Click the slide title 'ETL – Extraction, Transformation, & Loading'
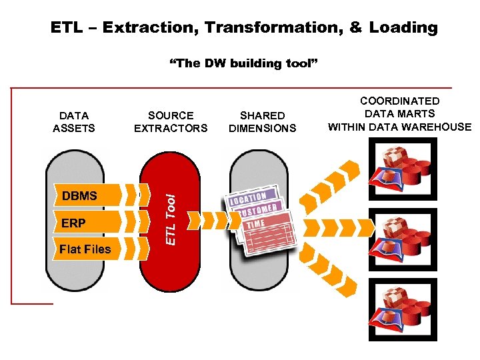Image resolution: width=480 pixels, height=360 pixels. pos(244,27)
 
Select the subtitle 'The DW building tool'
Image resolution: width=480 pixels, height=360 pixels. pos(244,63)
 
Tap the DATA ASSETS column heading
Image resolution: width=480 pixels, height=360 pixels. pos(74,122)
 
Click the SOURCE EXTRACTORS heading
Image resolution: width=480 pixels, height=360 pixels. pos(171,122)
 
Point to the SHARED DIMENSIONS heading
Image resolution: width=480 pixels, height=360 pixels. pos(262,122)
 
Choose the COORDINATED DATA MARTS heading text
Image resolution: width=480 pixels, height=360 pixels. pos(399,114)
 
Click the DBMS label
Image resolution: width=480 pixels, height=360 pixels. pos(79,196)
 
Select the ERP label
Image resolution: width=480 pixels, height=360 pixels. pos(73,223)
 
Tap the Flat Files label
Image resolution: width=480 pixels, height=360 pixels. pos(85,249)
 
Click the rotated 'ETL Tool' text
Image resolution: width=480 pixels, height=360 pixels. pos(171,219)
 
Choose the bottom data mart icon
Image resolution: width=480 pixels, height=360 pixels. pos(403,309)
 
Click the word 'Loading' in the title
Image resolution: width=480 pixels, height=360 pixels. pos(403,27)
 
